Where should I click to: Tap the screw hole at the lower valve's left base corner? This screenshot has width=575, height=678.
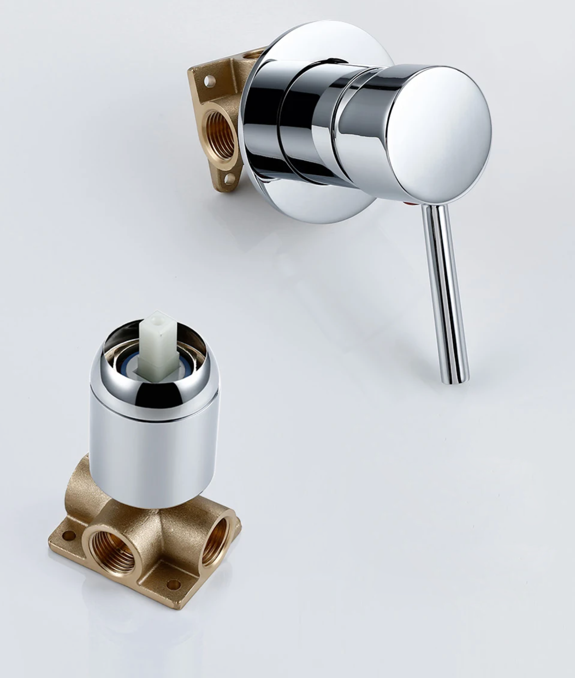click(x=66, y=535)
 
